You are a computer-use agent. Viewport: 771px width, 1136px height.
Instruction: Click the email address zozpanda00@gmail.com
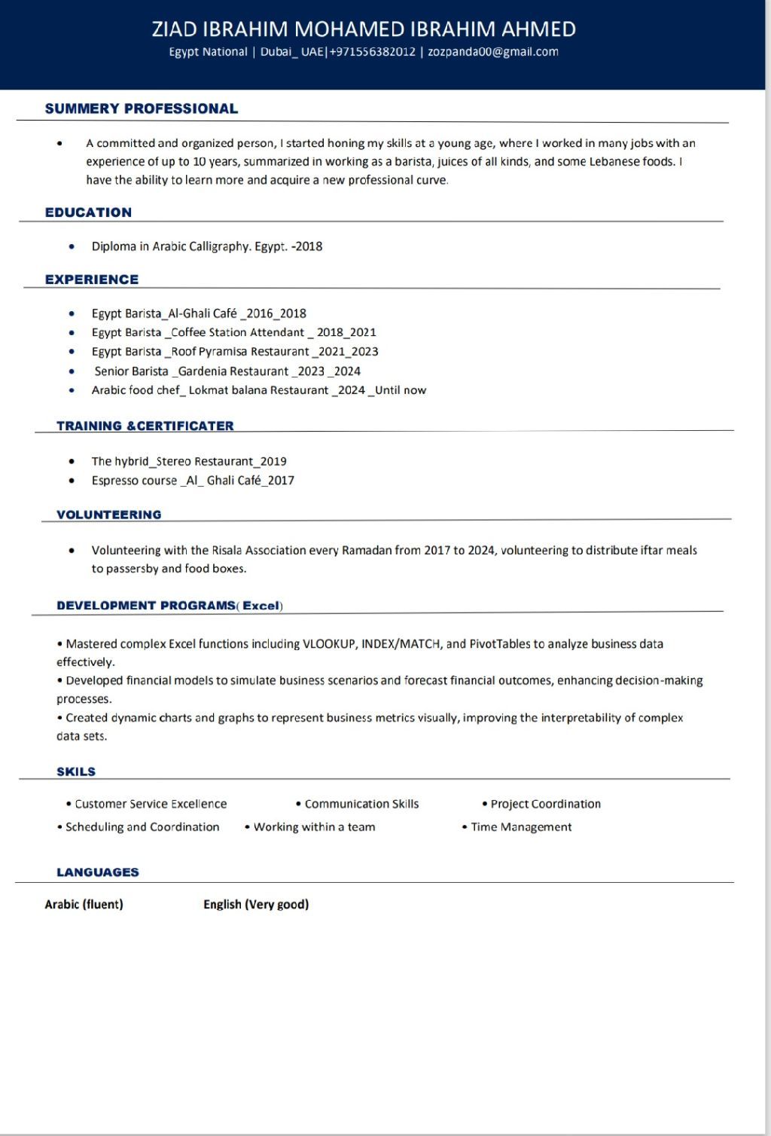[493, 52]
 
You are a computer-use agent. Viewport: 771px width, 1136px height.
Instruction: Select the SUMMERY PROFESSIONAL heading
[142, 108]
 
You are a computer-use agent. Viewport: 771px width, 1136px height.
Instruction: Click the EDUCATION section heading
[88, 212]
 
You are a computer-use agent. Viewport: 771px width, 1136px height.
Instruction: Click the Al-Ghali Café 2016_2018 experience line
[199, 313]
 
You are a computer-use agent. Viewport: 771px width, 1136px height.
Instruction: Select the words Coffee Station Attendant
[238, 332]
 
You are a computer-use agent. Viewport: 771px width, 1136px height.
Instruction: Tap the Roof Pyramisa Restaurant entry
[240, 352]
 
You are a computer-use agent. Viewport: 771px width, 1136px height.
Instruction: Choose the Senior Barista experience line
[227, 371]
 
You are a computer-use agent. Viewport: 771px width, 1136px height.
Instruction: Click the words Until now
[401, 390]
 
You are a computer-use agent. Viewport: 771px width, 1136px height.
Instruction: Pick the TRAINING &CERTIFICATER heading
[145, 426]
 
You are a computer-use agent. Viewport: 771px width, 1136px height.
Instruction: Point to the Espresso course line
[193, 481]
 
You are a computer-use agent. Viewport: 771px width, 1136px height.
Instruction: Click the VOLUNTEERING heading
[109, 515]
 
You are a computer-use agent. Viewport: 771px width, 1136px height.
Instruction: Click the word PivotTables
[500, 644]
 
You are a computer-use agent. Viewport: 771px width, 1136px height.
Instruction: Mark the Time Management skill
[521, 827]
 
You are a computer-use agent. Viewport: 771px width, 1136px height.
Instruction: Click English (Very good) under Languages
[256, 905]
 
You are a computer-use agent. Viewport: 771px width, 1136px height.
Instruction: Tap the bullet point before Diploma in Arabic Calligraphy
[72, 246]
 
